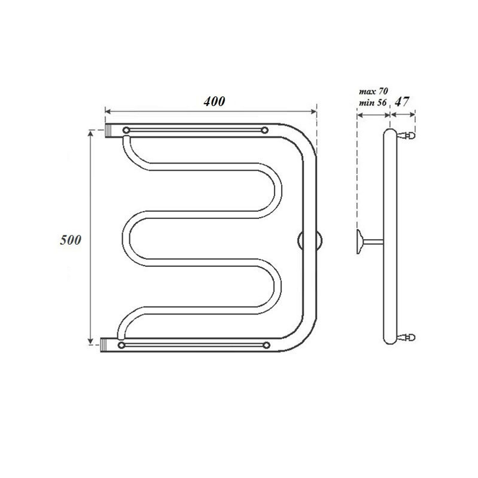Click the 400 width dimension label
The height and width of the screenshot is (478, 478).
click(x=214, y=101)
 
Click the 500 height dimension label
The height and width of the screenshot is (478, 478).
click(x=71, y=240)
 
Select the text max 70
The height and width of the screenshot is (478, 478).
click(x=373, y=90)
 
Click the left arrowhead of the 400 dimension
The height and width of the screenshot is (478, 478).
click(x=108, y=111)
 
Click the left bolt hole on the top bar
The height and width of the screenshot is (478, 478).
click(x=126, y=130)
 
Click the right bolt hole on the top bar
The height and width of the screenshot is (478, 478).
click(x=265, y=130)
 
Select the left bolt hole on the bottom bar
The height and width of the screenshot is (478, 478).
click(x=122, y=345)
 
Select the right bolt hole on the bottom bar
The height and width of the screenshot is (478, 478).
click(x=266, y=345)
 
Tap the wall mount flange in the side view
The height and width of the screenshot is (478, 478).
click(x=359, y=242)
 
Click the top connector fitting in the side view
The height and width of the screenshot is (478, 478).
click(x=409, y=135)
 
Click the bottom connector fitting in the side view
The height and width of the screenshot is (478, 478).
click(x=409, y=338)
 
